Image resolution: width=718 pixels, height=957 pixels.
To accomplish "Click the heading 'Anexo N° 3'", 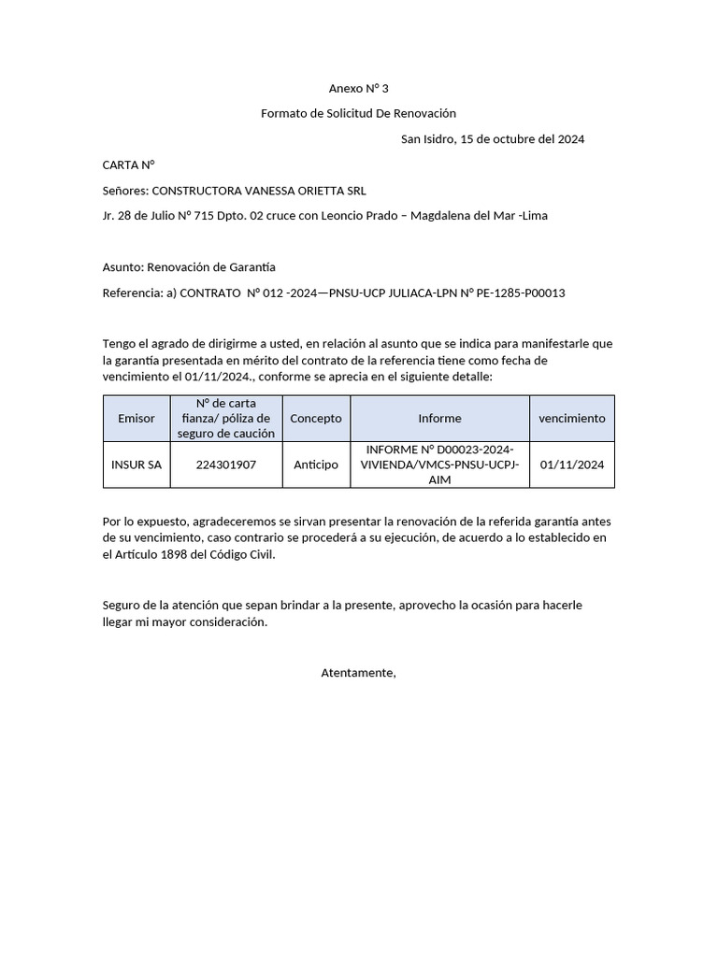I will (358, 89).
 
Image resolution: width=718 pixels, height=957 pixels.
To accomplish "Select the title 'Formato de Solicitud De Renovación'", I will (358, 113).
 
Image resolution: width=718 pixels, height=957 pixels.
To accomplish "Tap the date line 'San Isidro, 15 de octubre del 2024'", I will (493, 139).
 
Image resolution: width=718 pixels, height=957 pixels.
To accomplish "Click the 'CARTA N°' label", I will (128, 164).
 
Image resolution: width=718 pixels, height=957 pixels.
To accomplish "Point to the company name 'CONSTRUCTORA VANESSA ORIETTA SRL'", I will (259, 191).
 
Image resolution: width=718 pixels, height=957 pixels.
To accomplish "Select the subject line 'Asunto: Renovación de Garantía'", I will (189, 267).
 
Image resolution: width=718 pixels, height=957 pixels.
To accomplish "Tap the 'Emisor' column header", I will (136, 419).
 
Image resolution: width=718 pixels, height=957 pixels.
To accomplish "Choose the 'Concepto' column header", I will (316, 419).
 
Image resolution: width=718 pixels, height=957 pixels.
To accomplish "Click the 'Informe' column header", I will (439, 419).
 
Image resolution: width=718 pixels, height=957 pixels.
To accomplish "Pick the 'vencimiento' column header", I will (572, 419).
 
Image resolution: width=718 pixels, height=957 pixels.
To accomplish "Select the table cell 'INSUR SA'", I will (136, 464).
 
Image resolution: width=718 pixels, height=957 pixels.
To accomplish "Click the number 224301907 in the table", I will (226, 464).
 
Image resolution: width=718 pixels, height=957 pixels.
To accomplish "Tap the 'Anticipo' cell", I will (316, 464).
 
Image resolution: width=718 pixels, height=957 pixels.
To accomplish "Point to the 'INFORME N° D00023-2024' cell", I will (439, 464).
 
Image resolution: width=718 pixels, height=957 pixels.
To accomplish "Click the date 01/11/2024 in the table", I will (572, 464).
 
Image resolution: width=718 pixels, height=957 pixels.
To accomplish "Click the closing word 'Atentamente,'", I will (358, 673).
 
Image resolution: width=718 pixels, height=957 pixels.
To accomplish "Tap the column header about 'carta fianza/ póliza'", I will (226, 419).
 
